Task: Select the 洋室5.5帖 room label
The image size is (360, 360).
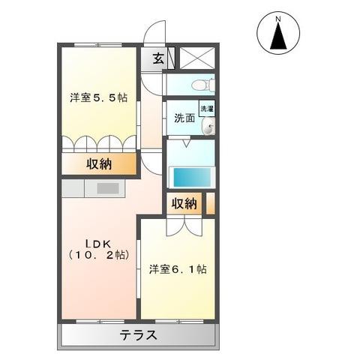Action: coord(98,97)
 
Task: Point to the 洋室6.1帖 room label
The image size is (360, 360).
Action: coord(178,268)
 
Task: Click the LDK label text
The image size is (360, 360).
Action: coord(97,242)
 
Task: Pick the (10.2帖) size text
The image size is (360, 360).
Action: coord(97,255)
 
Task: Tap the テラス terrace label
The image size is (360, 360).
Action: coord(139,335)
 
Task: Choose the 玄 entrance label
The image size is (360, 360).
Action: coord(158,59)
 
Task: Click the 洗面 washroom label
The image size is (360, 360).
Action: coord(184,118)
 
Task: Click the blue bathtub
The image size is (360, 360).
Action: coord(192,177)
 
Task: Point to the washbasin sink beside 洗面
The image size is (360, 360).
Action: coord(207,127)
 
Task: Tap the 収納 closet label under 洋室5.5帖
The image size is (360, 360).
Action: coord(99,163)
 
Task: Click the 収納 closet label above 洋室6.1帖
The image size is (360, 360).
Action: coord(184,204)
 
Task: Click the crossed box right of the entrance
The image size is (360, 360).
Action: coord(196,58)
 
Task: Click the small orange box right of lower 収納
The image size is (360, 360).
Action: coord(210,203)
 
